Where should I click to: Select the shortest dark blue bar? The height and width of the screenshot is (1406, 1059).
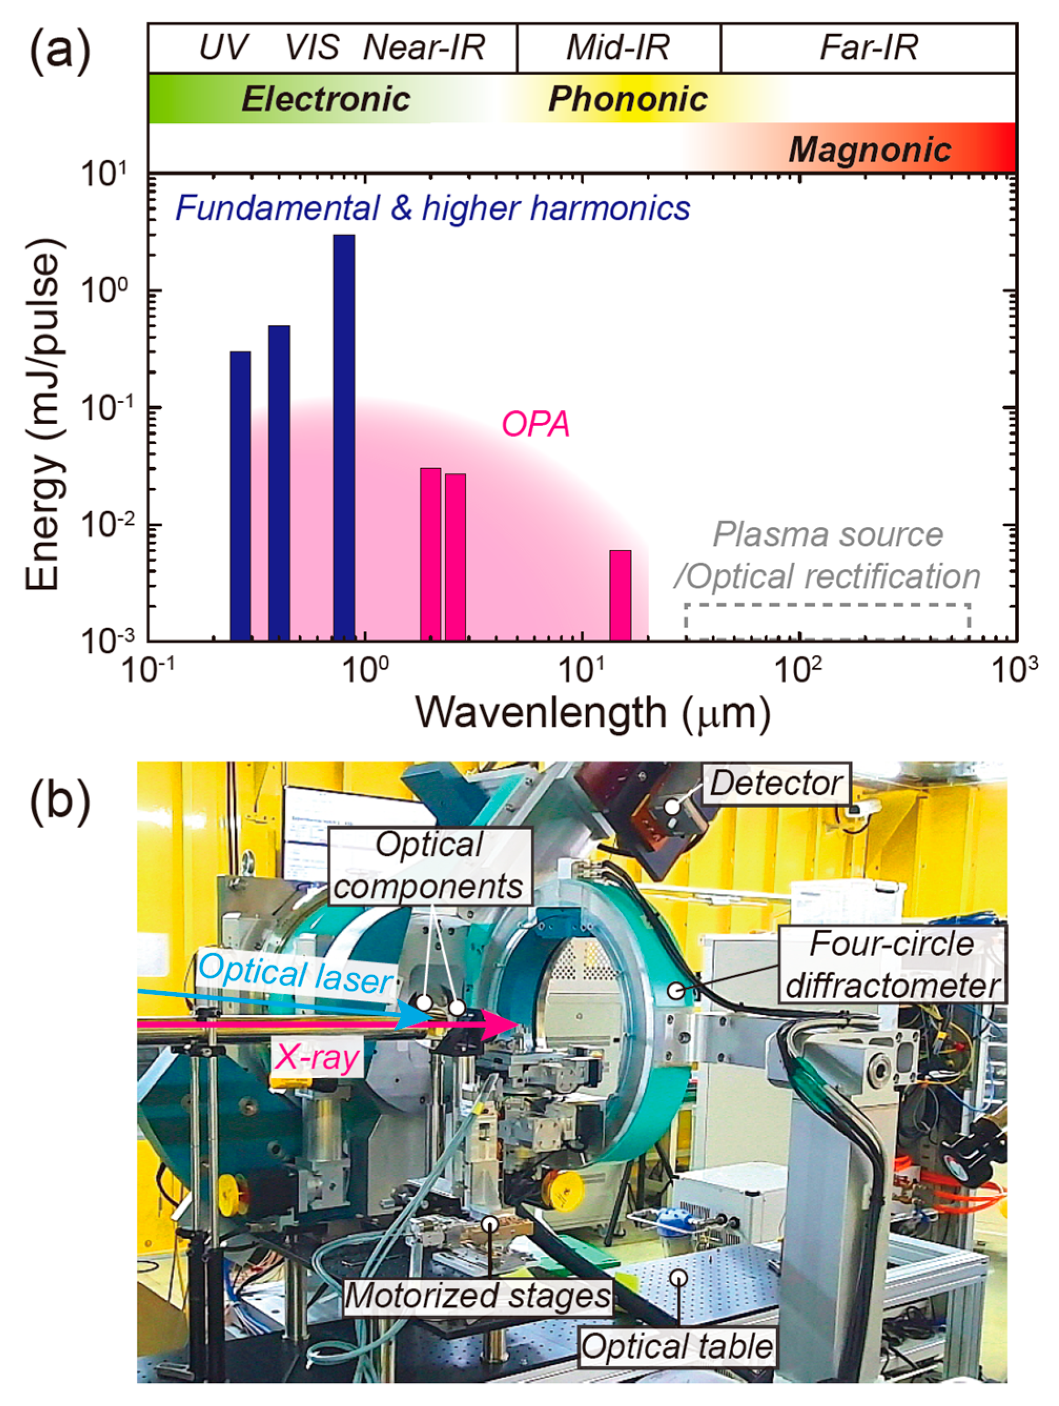pos(240,496)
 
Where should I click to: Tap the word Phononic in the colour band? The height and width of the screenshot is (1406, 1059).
pos(628,99)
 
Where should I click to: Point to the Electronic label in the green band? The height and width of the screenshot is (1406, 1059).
pos(326,99)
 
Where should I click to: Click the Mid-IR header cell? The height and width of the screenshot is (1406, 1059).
pos(618,48)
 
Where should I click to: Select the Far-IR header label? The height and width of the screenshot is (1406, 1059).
pos(868,48)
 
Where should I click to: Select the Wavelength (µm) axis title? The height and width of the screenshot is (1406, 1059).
pos(592,713)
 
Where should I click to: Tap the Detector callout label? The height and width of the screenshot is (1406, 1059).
pos(777,783)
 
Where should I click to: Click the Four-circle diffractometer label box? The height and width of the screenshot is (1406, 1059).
pos(892,965)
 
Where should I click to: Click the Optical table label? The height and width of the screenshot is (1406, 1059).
pos(676,1346)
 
